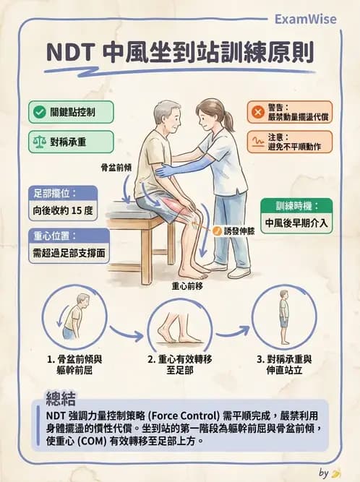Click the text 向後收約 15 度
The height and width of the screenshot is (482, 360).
[64, 213]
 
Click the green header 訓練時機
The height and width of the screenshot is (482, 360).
[296, 205]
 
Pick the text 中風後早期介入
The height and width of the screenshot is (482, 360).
[296, 223]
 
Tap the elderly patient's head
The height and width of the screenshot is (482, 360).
[166, 116]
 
